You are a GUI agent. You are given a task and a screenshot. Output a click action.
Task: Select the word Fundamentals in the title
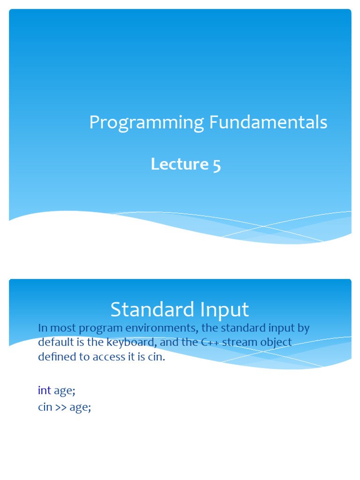[268, 123]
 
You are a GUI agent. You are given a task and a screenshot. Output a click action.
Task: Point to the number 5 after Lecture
[216, 165]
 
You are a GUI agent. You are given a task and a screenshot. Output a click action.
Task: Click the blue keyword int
[44, 390]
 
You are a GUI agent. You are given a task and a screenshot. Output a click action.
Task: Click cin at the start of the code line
[45, 407]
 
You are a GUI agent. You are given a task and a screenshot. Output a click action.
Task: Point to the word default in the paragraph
[53, 342]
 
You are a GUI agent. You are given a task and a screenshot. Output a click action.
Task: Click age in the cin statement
[80, 408]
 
